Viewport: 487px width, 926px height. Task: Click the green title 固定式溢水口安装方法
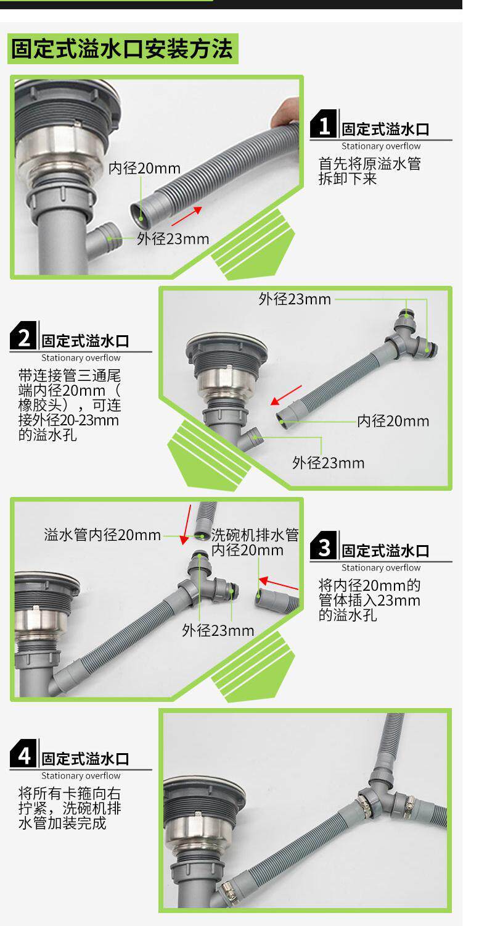[122, 49]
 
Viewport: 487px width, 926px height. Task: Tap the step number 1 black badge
[324, 123]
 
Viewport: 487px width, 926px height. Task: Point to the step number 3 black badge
[324, 545]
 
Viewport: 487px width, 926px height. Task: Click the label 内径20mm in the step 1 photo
[144, 169]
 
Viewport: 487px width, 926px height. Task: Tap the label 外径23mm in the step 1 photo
[173, 238]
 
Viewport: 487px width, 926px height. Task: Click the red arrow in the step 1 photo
[187, 216]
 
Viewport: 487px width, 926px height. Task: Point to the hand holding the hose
[285, 112]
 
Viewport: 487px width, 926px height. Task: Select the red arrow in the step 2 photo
[287, 395]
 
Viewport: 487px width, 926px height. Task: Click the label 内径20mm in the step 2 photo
[393, 421]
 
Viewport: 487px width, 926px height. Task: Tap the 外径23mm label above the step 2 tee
[295, 299]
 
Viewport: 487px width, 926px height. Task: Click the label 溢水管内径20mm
[102, 535]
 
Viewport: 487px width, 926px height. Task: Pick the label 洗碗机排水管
[255, 535]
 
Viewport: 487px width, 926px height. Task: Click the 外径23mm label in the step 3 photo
[218, 630]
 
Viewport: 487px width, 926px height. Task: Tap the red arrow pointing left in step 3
[279, 583]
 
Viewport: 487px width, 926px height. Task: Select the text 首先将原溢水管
[369, 164]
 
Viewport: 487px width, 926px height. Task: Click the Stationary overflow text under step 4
[81, 775]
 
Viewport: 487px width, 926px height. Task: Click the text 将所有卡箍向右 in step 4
[69, 793]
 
